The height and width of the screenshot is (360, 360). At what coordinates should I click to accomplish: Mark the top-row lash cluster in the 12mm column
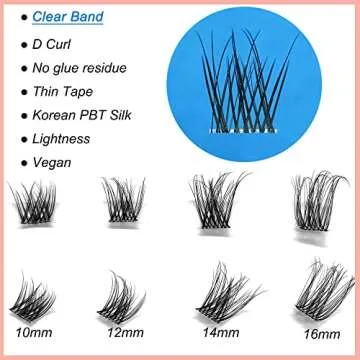(125, 205)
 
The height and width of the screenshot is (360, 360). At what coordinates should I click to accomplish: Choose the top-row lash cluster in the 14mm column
(212, 205)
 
